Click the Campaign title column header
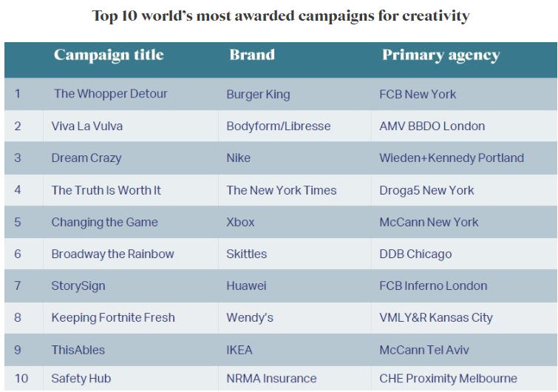(x=109, y=55)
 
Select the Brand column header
(x=252, y=55)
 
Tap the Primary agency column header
(x=440, y=55)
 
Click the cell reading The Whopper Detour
(x=111, y=94)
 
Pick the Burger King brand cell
(x=258, y=95)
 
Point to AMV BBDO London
(x=432, y=126)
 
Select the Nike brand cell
(x=238, y=158)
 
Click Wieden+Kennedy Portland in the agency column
(x=451, y=158)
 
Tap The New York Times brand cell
(x=281, y=191)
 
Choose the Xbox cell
(x=240, y=223)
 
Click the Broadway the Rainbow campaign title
(x=112, y=254)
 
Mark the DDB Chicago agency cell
(x=415, y=254)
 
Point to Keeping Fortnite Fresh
(x=113, y=318)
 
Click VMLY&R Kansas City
(x=435, y=318)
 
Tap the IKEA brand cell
(x=239, y=350)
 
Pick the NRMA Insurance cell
(x=271, y=379)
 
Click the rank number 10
(x=21, y=379)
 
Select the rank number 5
(x=18, y=223)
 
